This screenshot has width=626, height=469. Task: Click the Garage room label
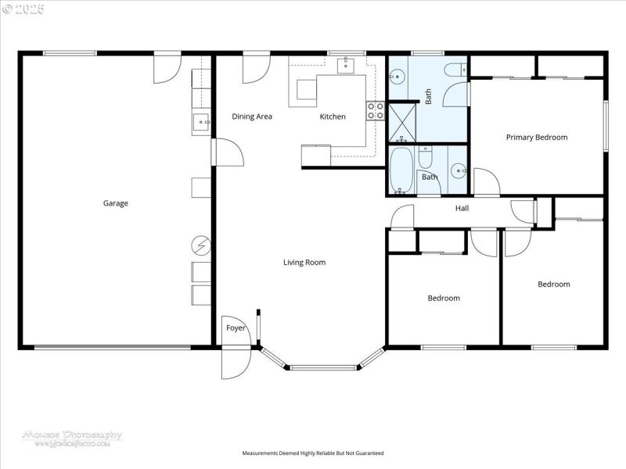115,203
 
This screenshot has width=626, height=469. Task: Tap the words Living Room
304,263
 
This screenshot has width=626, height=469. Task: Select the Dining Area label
252,116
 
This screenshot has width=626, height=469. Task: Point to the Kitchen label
333,116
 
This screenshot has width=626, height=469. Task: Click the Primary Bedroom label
537,138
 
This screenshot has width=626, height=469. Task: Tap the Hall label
462,208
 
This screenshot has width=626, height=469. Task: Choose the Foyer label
236,328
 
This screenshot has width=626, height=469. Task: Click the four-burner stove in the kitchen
376,111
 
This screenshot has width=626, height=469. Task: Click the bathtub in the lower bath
402,170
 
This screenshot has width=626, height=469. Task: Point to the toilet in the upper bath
454,71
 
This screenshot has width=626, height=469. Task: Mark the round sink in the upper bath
398,77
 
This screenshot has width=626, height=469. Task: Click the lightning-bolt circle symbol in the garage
200,246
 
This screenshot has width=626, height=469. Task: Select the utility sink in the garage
201,122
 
